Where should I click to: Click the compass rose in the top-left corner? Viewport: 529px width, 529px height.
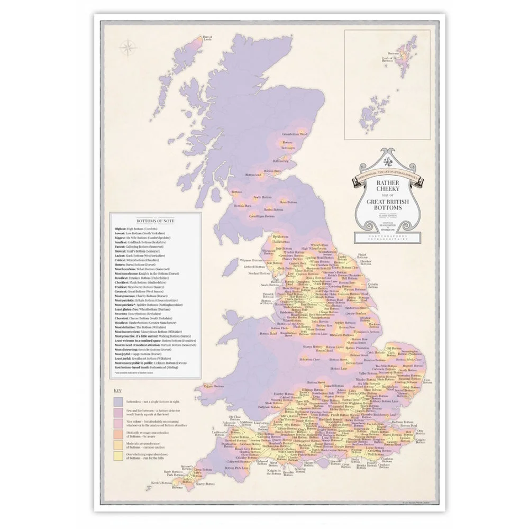click(127, 48)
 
